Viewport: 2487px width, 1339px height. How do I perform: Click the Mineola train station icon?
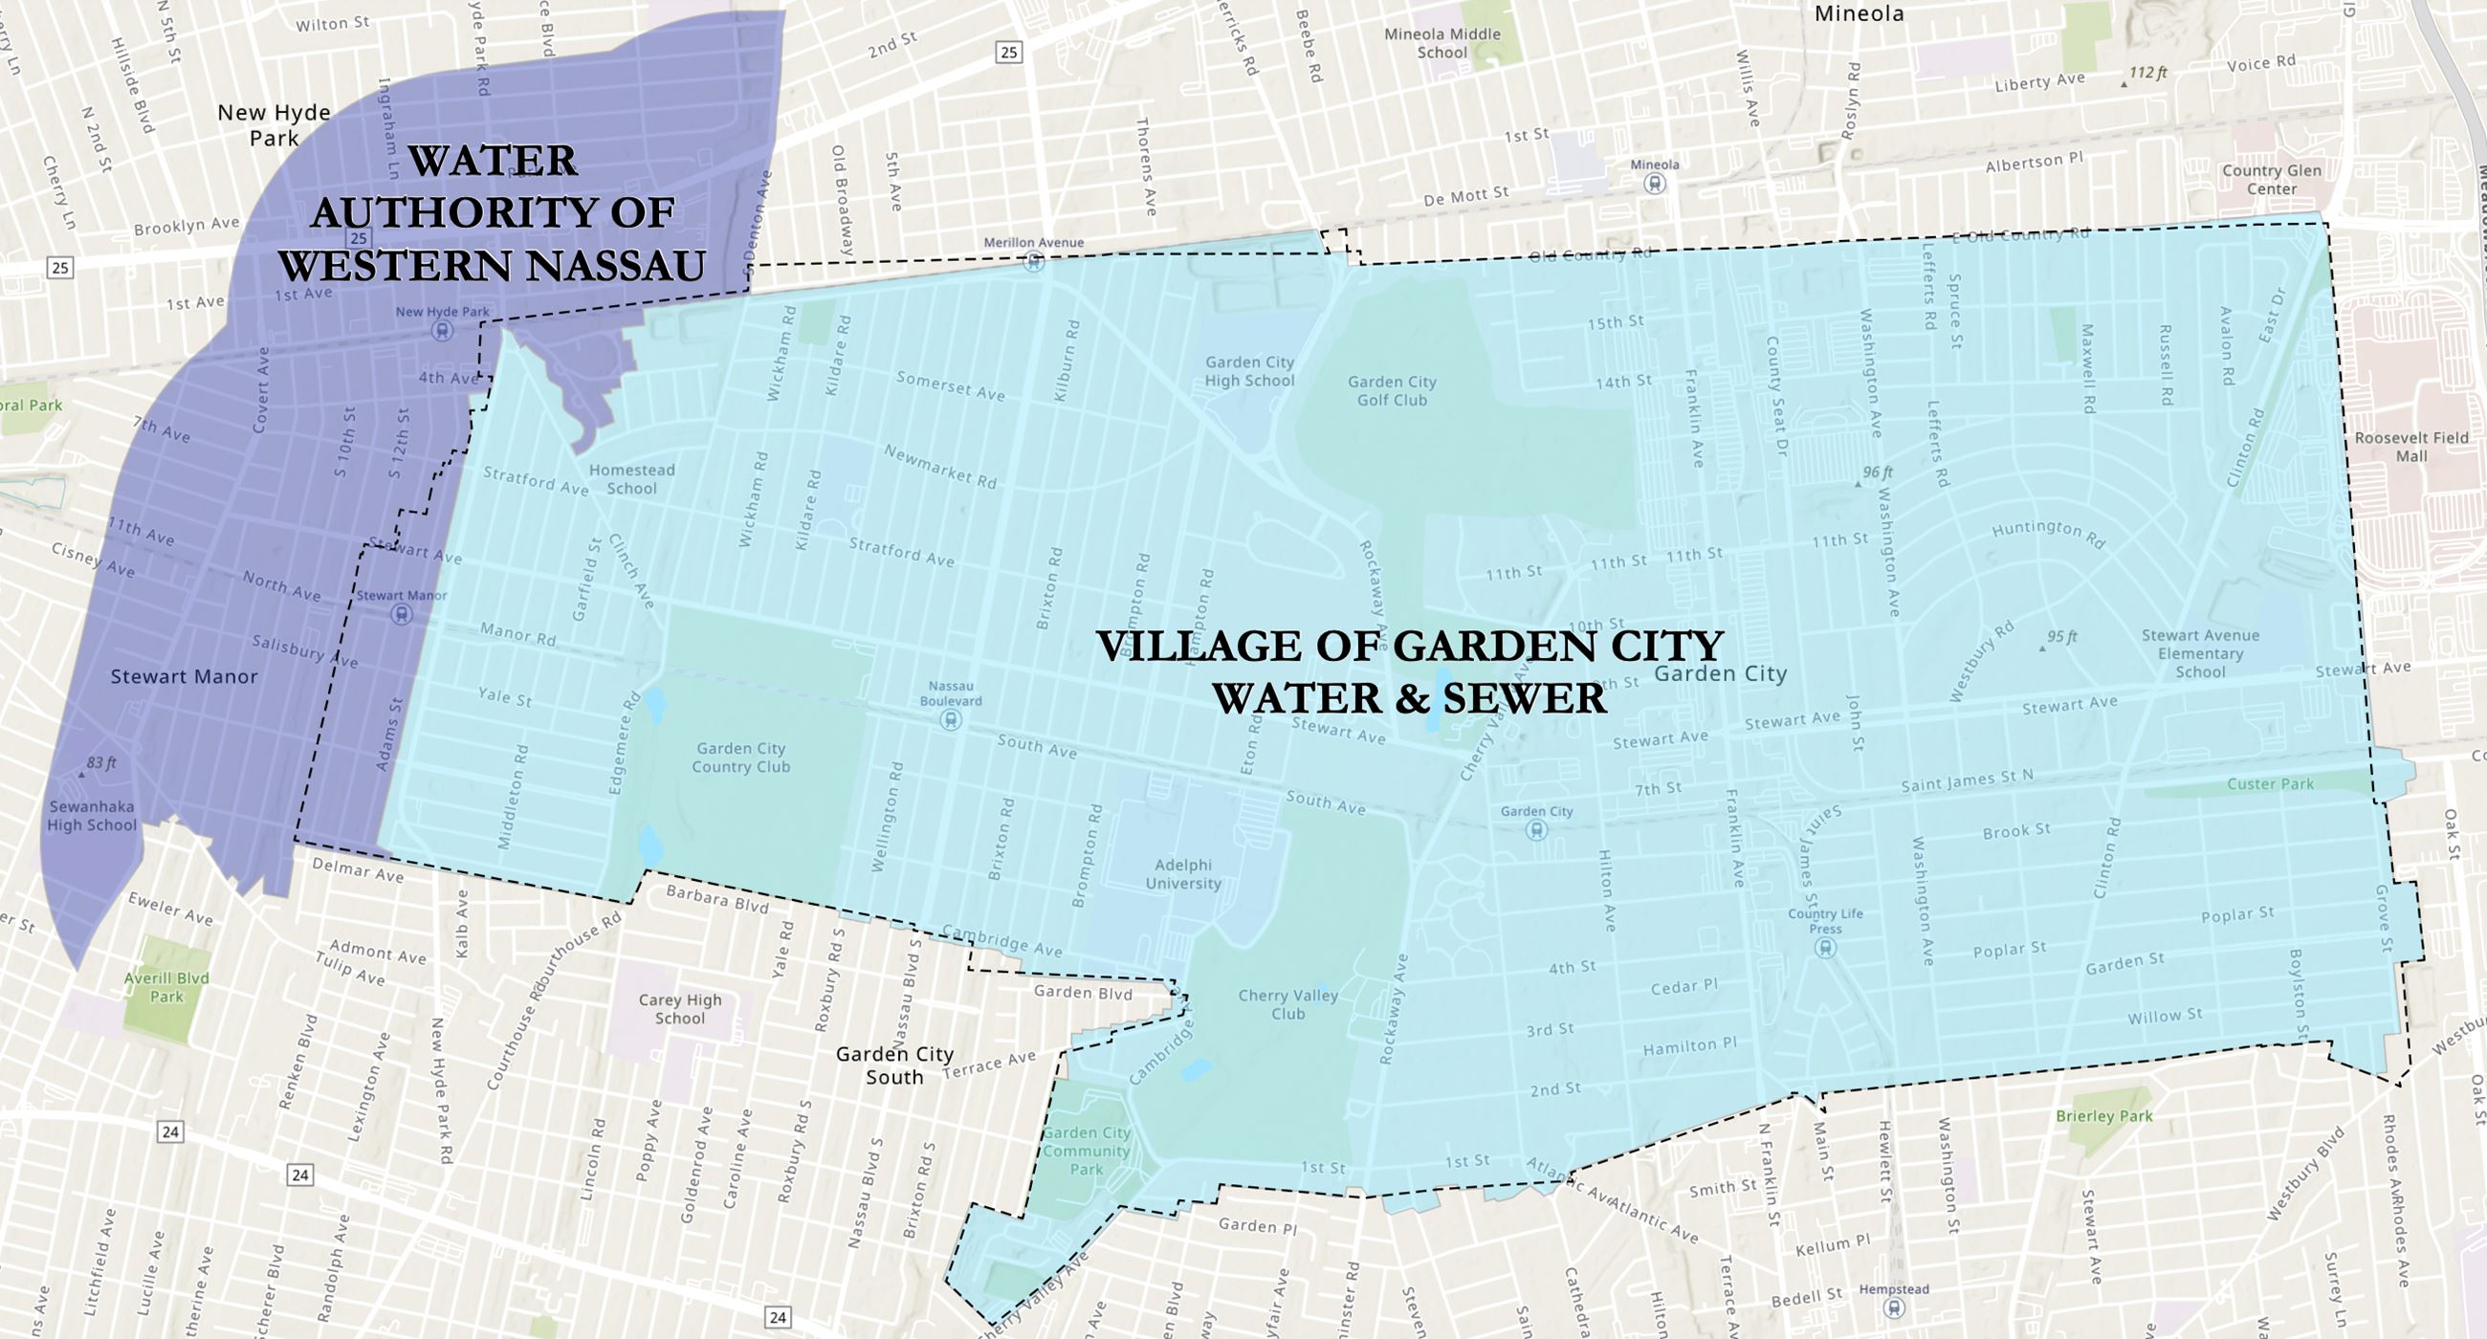coord(1655,184)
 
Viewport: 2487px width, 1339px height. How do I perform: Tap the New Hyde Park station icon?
coord(442,331)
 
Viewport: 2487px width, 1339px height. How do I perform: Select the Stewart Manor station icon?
coord(401,614)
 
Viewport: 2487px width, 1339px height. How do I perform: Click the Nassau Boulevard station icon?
coord(950,719)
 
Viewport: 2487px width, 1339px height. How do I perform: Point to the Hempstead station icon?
coord(1893,1308)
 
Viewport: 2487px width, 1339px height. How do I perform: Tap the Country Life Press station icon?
coord(1825,947)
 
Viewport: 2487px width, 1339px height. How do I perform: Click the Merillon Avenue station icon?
coord(1034,261)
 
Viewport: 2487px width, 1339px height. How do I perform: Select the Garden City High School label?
coord(1249,372)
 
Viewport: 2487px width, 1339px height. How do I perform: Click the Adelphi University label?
coord(1182,873)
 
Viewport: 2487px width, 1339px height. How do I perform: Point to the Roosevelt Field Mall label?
coord(2410,447)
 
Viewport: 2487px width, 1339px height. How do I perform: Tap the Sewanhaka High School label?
coord(92,816)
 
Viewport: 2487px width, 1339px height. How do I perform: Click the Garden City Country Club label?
coord(740,757)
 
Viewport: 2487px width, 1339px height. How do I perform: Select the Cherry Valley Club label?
coord(1288,1004)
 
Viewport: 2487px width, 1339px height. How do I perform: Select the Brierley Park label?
coord(2104,1116)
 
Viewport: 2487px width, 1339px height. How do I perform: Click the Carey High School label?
coord(680,1009)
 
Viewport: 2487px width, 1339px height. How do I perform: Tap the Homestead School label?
coord(631,479)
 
